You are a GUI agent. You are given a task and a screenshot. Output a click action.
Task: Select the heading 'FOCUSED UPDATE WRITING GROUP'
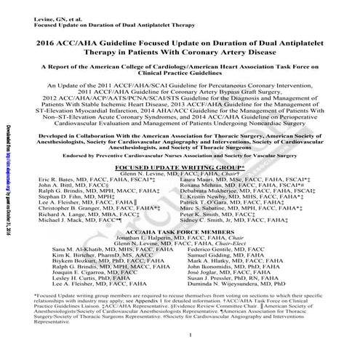180,167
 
